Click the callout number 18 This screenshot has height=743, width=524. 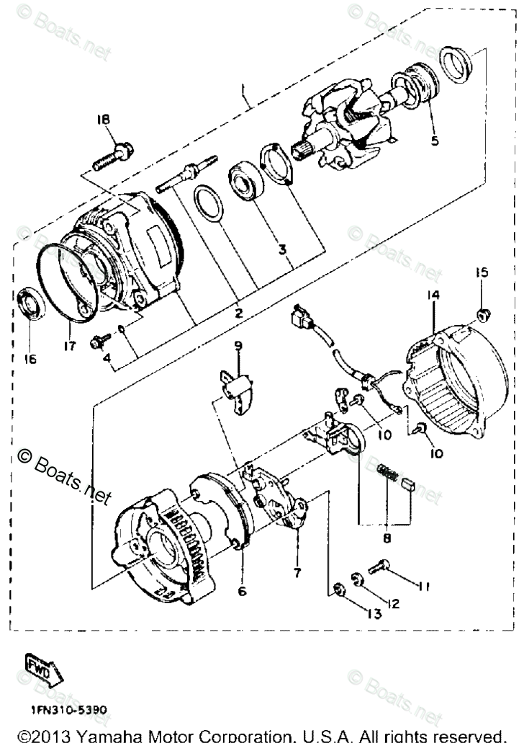[x=105, y=120]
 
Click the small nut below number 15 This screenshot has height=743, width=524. [x=483, y=313]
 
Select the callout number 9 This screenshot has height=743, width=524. [x=238, y=346]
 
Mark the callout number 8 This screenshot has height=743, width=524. [x=387, y=537]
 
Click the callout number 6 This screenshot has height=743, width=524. [x=242, y=591]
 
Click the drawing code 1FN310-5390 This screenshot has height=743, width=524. [x=68, y=710]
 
